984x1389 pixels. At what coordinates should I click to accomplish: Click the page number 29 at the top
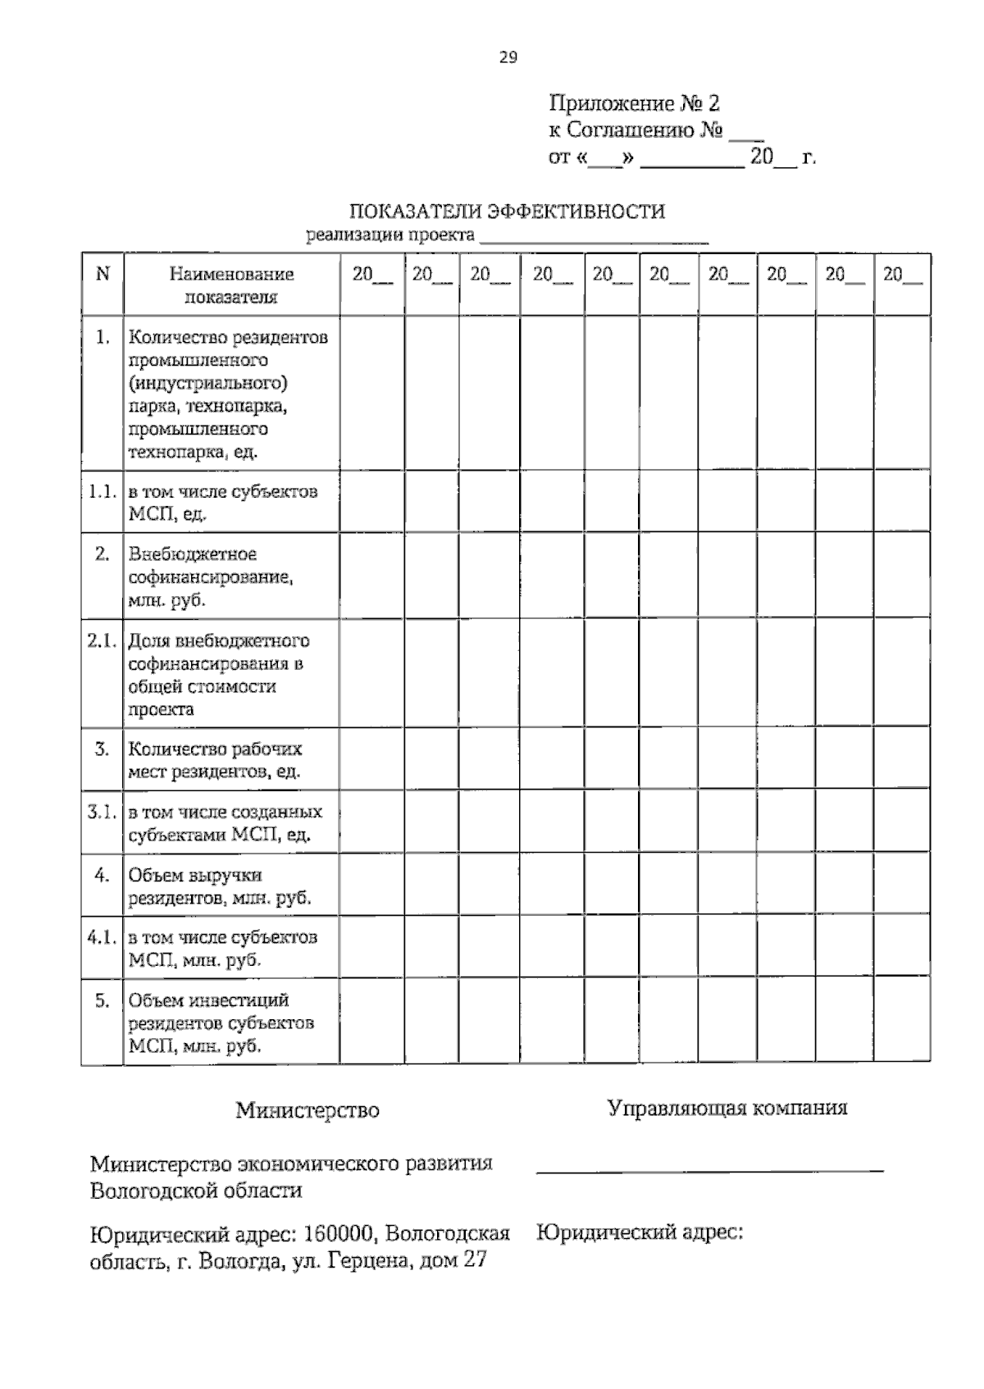click(x=508, y=57)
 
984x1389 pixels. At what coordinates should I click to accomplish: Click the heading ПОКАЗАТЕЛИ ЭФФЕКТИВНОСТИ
click(x=507, y=212)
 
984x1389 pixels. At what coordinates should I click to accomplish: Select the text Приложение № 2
click(x=634, y=103)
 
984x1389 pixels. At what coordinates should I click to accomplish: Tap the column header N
click(x=102, y=274)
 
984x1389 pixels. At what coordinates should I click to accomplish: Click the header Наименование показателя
click(x=231, y=285)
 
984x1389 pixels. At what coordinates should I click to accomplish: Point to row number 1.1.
click(x=102, y=492)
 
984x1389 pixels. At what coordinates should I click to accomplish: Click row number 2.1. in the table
click(x=102, y=641)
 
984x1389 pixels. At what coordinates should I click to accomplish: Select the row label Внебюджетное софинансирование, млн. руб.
click(x=211, y=577)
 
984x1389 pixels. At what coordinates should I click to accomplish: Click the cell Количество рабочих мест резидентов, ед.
click(x=215, y=760)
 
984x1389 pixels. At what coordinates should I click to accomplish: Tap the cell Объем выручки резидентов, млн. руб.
click(x=219, y=886)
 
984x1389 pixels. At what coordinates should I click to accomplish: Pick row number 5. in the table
click(x=102, y=1000)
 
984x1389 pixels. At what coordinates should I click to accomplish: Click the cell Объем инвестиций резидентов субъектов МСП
click(x=220, y=1023)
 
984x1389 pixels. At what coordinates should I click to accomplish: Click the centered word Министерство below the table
click(x=307, y=1110)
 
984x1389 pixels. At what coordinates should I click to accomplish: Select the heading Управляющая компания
click(x=727, y=1109)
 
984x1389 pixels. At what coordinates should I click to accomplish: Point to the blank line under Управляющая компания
click(x=709, y=1168)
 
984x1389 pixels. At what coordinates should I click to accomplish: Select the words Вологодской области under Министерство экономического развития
click(x=196, y=1190)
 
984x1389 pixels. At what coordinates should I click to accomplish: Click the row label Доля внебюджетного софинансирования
click(x=218, y=675)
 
